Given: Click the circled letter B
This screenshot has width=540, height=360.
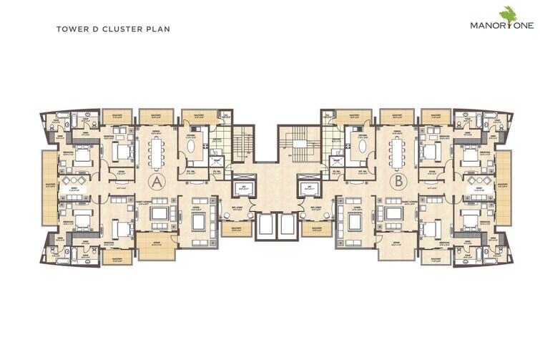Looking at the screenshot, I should tap(398, 181).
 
